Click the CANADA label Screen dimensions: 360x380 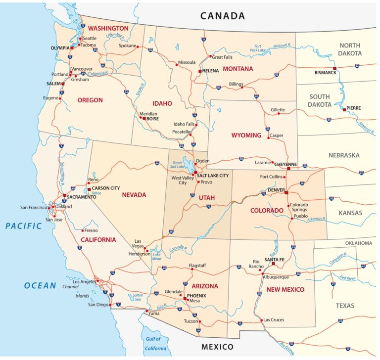pyautogui.click(x=222, y=16)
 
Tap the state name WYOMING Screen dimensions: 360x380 pyautogui.click(x=245, y=135)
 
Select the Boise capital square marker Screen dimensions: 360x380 pyautogui.click(x=143, y=118)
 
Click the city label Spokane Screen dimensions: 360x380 pyautogui.click(x=128, y=46)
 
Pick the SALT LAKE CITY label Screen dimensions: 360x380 pyautogui.click(x=213, y=175)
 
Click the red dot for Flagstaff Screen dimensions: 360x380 pyautogui.click(x=191, y=269)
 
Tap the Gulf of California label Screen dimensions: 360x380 pyautogui.click(x=154, y=343)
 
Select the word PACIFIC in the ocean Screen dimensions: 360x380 pyautogui.click(x=24, y=226)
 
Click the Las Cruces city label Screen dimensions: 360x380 pyautogui.click(x=274, y=319)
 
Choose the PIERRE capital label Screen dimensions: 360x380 pyautogui.click(x=353, y=108)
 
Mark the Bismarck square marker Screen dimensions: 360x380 pyautogui.click(x=334, y=68)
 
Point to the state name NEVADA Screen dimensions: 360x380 pyautogui.click(x=134, y=194)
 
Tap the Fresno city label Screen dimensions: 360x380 pyautogui.click(x=91, y=230)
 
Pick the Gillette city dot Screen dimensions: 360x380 pyautogui.click(x=279, y=114)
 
